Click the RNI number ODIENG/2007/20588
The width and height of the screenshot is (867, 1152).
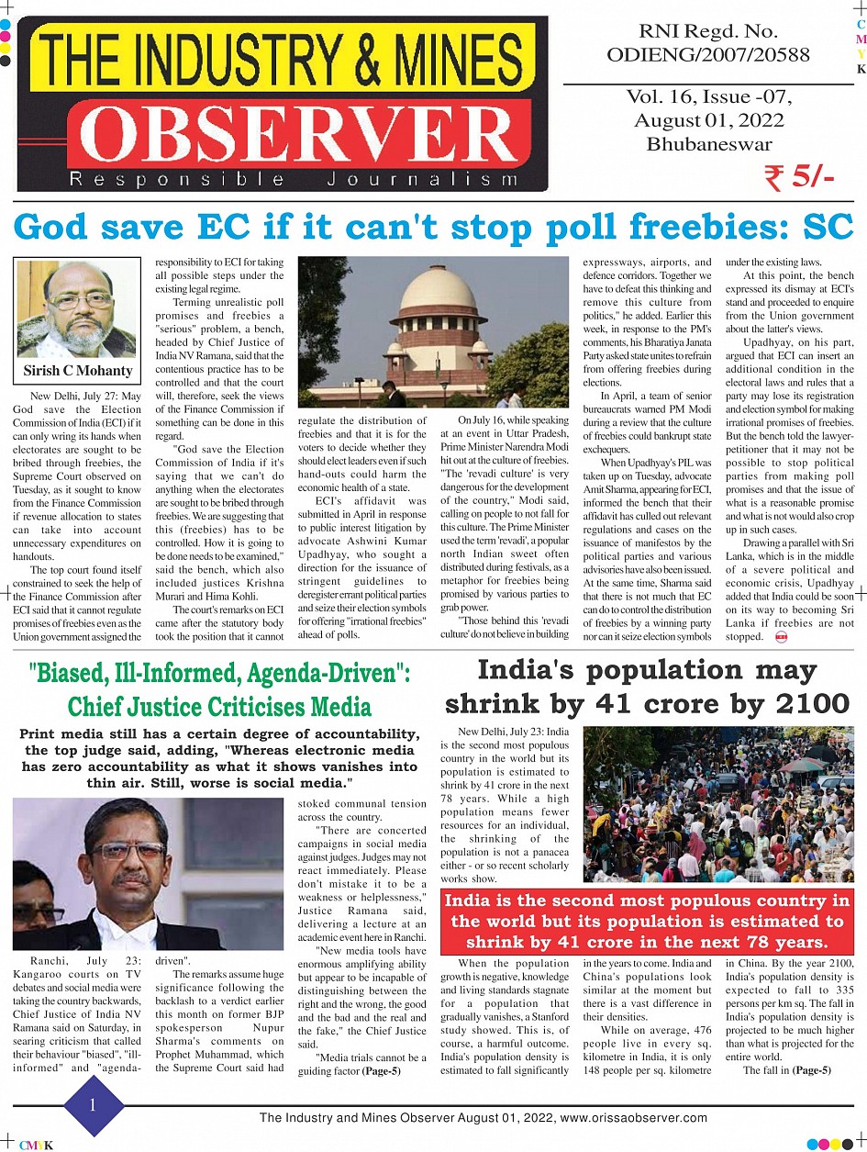[x=708, y=55]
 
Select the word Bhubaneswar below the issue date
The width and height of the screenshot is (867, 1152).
[x=708, y=143]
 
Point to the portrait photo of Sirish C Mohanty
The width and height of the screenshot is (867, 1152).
[x=77, y=309]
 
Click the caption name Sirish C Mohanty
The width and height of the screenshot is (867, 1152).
[x=78, y=371]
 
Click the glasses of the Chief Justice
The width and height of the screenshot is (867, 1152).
[x=128, y=850]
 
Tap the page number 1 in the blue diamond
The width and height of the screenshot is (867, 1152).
[x=92, y=1106]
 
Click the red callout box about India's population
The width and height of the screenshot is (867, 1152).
[x=647, y=922]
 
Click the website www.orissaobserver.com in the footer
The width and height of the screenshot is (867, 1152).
[x=634, y=1118]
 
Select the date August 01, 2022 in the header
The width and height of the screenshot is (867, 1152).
[x=708, y=120]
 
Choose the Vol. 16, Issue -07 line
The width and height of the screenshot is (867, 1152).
[x=708, y=97]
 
